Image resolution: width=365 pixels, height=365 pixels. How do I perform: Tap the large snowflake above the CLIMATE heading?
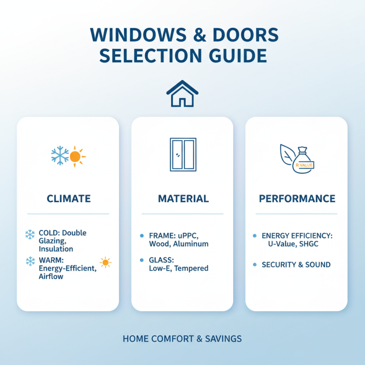60,156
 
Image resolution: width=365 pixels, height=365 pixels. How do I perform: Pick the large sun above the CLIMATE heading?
76,156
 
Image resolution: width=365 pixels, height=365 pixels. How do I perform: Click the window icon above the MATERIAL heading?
182,155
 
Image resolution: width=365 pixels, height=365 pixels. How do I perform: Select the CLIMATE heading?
68,199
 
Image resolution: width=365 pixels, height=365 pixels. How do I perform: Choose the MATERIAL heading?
183,199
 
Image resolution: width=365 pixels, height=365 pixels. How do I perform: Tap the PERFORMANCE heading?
297,199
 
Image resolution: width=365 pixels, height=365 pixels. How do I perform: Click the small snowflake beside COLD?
30,235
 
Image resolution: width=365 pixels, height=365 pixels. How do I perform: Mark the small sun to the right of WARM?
105,262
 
